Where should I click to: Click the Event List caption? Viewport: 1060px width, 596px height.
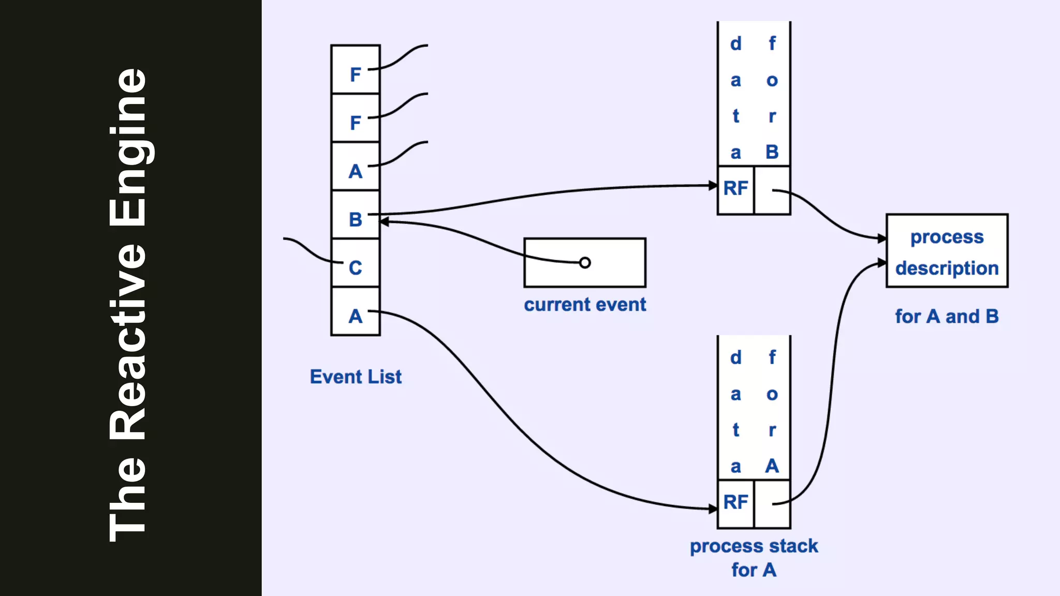(356, 377)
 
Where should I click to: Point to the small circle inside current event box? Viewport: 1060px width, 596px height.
(585, 263)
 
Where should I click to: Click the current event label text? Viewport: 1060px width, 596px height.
(585, 305)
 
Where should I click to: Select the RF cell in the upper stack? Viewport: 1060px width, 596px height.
(735, 189)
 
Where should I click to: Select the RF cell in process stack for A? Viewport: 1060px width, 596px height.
(735, 503)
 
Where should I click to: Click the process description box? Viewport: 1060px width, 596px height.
(947, 251)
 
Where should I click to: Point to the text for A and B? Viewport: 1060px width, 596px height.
(947, 317)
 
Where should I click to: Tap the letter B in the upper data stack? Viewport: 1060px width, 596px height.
(772, 152)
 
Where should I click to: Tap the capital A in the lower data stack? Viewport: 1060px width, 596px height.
(772, 466)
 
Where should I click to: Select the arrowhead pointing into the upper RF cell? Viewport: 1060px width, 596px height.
(713, 185)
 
